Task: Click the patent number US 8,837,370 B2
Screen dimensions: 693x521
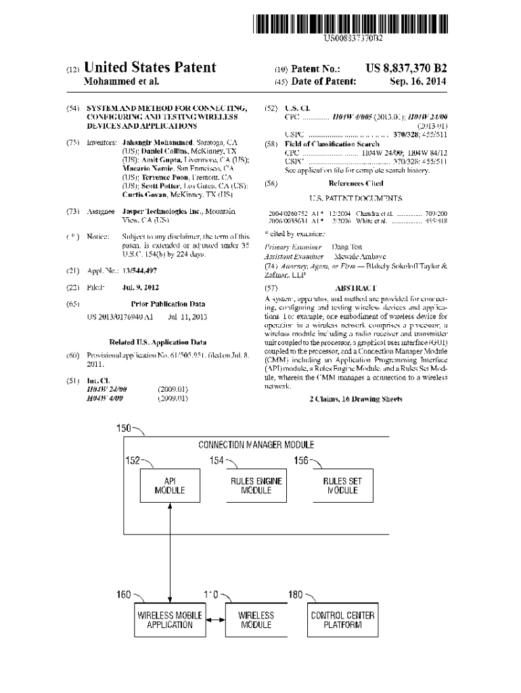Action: coord(406,68)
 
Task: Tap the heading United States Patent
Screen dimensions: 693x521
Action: coord(150,68)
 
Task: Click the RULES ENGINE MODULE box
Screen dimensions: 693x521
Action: coord(256,486)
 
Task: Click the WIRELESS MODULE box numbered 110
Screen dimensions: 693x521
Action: coord(256,621)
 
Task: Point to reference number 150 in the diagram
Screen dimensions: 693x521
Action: coord(124,428)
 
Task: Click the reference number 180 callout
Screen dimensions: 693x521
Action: coord(296,594)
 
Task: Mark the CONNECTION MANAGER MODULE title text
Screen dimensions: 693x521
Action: coord(256,445)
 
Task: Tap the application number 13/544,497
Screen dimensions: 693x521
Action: coord(139,271)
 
